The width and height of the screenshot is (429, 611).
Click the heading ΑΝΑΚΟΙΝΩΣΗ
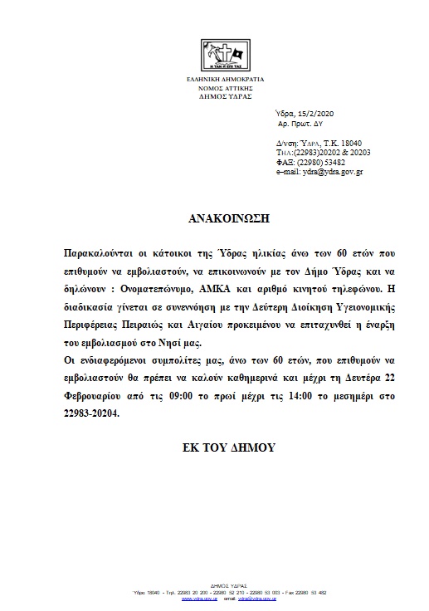213,220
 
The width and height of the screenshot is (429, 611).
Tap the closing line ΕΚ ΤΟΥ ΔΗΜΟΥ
214,447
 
